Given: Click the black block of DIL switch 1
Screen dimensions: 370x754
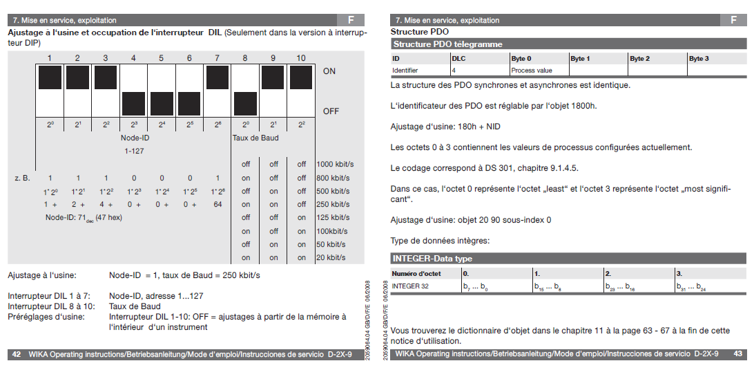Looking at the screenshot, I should click(50, 77).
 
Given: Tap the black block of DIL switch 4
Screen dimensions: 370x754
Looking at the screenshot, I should click(134, 104).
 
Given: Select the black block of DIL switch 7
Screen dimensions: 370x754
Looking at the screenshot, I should click(217, 77).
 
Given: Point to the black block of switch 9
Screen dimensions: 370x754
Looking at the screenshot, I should click(273, 77).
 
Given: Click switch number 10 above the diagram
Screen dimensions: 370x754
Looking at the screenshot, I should click(301, 58).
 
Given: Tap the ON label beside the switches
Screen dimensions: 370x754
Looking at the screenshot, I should click(329, 71).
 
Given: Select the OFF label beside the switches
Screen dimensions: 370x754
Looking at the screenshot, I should click(331, 111).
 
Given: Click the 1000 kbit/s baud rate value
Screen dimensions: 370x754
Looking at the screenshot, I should click(335, 165).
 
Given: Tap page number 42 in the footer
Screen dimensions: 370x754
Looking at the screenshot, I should click(17, 354).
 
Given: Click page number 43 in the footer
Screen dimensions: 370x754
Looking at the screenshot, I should click(737, 354).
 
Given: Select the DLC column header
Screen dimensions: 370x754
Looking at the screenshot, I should click(458, 59).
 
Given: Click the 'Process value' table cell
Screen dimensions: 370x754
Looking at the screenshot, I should click(532, 70).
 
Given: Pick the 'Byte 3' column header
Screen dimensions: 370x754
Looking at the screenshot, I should click(699, 59).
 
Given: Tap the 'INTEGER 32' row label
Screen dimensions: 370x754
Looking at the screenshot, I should click(410, 286).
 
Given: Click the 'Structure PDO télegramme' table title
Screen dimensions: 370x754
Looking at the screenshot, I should click(448, 44).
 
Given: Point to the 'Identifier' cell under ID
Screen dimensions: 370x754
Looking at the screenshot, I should click(405, 70).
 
